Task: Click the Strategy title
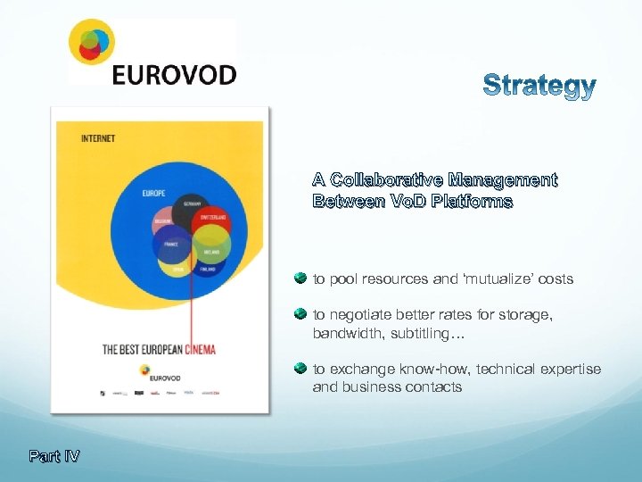[x=539, y=87]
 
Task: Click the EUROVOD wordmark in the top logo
[x=174, y=73]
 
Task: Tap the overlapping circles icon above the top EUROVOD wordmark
[x=93, y=43]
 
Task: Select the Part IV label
[x=53, y=456]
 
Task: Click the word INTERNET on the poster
[x=98, y=138]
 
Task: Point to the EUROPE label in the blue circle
[x=153, y=192]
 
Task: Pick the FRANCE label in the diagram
[x=172, y=244]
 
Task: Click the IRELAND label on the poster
[x=210, y=253]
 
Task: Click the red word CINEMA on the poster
[x=200, y=349]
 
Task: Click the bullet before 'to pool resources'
[x=300, y=278]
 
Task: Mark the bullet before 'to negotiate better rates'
[x=300, y=315]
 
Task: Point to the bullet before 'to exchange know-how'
[x=300, y=368]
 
